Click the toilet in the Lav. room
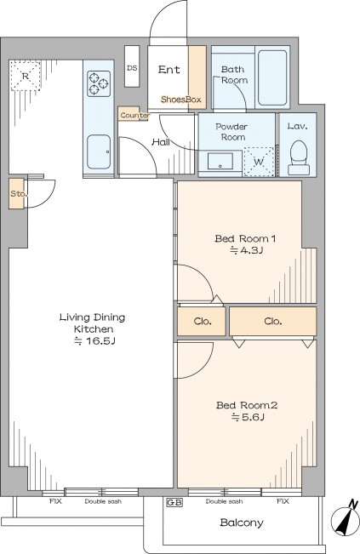point(299,158)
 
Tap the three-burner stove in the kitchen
point(99,83)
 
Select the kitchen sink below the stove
point(99,151)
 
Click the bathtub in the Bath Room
point(272,77)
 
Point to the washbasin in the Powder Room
point(220,162)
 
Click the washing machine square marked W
point(259,162)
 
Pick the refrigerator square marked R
point(25,76)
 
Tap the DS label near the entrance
point(132,68)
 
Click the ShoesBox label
point(181,100)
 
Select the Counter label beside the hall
point(135,115)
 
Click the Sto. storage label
point(17,194)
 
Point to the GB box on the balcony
point(174,502)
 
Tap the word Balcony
point(242,523)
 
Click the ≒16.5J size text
point(94,341)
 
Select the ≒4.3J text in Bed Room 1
point(247,250)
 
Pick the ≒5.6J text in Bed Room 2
point(248,417)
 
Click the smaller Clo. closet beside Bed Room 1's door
point(202,321)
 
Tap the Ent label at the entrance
point(169,70)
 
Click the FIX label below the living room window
point(55,501)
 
